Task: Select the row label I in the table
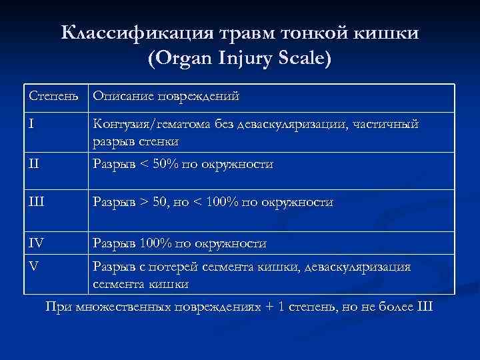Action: (32, 124)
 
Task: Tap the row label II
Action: (34, 164)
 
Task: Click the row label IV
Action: (37, 243)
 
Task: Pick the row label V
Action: (34, 266)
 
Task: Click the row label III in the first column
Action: (37, 202)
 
